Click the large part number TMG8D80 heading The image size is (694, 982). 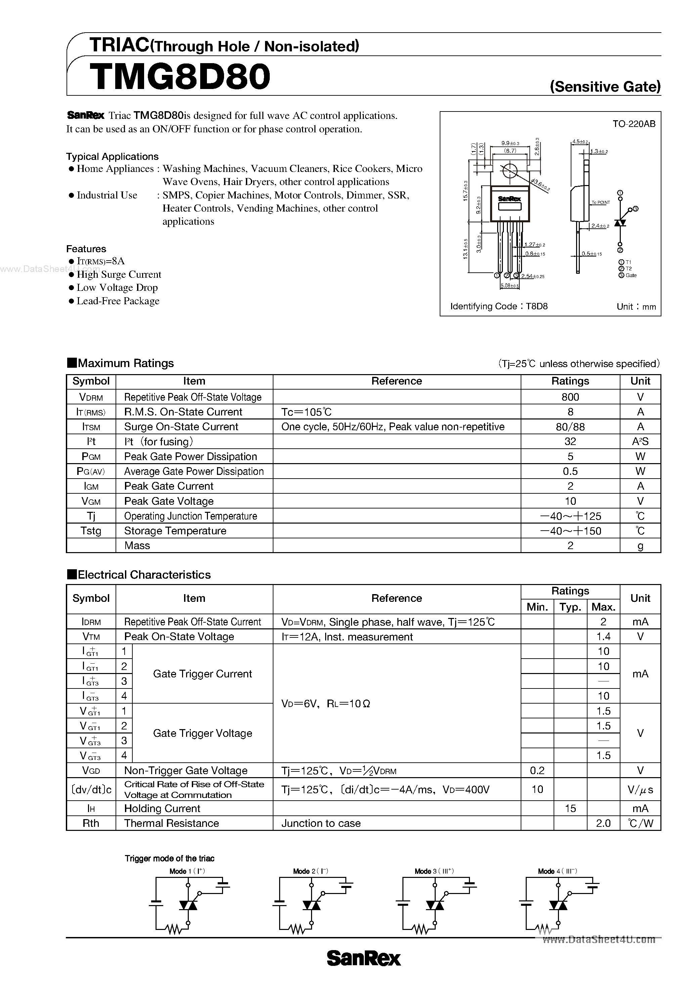180,77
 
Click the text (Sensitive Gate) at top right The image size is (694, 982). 605,87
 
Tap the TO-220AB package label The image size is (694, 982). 634,124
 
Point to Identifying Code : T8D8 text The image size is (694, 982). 499,306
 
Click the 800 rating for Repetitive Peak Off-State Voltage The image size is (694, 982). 570,397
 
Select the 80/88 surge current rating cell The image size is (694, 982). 570,427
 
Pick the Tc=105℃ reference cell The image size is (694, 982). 306,412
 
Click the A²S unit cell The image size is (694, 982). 640,441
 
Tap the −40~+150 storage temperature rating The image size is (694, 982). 570,531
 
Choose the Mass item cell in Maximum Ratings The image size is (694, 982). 137,546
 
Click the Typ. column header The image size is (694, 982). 570,607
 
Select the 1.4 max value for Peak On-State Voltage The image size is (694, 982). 603,637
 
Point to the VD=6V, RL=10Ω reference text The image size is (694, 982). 325,704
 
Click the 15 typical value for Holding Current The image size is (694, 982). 570,808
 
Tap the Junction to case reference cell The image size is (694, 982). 321,823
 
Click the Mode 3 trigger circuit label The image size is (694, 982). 434,871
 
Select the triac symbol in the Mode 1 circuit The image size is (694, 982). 187,905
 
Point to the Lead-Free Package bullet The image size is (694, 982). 118,301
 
